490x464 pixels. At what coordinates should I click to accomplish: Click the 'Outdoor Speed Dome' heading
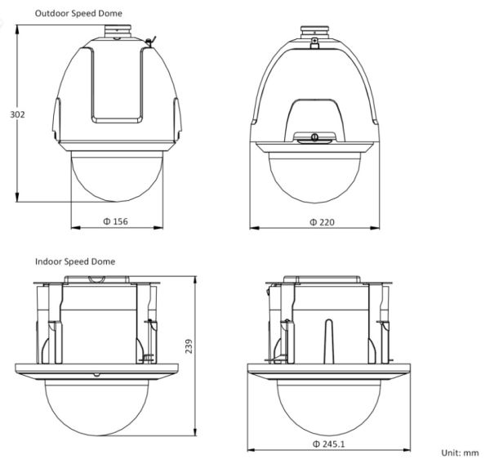(x=73, y=14)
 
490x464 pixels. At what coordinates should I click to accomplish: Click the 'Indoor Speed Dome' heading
(x=75, y=261)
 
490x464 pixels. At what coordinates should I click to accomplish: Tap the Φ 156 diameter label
(x=115, y=221)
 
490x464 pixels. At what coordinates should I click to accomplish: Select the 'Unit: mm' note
(x=460, y=451)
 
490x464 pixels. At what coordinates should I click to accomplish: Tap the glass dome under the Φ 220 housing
(x=315, y=176)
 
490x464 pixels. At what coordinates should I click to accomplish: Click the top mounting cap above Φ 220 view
(x=314, y=35)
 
